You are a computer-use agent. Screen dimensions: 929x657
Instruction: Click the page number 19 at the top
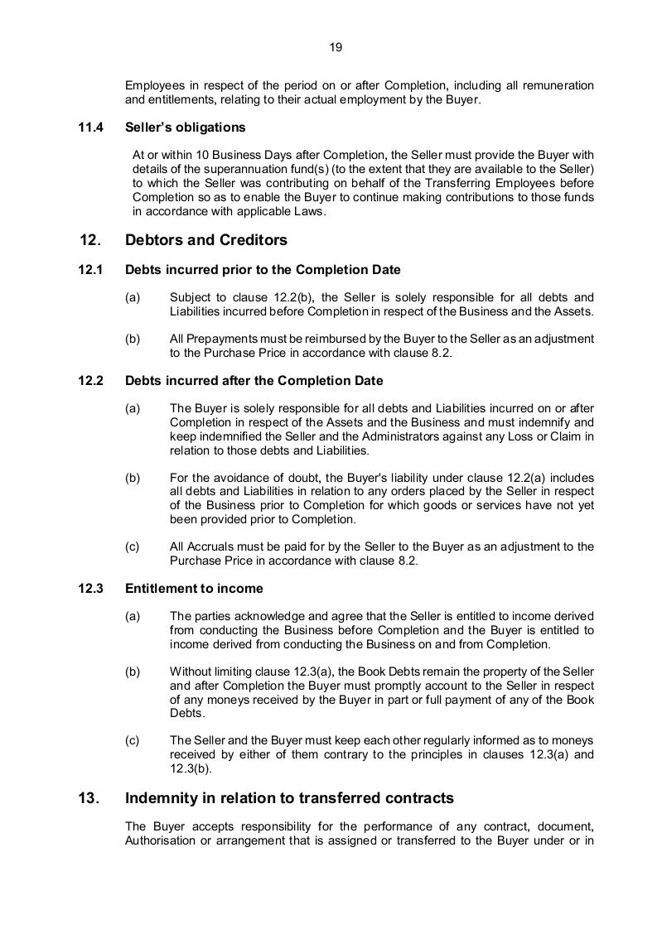[x=336, y=47]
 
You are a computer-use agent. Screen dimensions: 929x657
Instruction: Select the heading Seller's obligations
[x=185, y=128]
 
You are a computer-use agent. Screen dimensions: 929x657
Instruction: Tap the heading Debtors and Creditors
[x=205, y=240]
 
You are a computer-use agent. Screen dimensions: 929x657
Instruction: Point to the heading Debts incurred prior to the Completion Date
[x=263, y=270]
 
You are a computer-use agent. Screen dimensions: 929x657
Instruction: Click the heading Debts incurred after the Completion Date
[x=254, y=381]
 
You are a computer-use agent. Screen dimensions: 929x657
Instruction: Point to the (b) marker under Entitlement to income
[x=133, y=671]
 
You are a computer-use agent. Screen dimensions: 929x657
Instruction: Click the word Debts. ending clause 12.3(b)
[x=186, y=712]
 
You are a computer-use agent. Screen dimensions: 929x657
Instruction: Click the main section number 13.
[x=89, y=798]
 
